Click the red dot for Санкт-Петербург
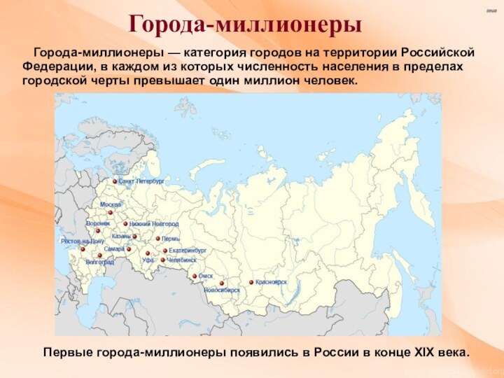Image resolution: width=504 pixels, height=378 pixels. coord(115,181)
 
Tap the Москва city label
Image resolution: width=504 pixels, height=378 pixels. coord(110,204)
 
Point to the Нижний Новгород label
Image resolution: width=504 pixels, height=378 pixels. coord(153,224)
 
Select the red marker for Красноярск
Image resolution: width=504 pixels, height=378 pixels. coord(251,282)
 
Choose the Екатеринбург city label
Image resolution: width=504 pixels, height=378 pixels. coord(188,250)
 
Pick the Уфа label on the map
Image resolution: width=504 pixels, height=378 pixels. coord(148,260)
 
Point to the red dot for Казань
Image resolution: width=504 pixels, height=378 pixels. coord(130,236)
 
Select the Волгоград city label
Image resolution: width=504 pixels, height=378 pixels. coord(99,262)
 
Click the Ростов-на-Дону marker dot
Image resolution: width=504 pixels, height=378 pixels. coord(83,248)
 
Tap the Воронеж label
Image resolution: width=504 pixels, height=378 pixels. coord(98,223)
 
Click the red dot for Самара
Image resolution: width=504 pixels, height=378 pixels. coord(128,248)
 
